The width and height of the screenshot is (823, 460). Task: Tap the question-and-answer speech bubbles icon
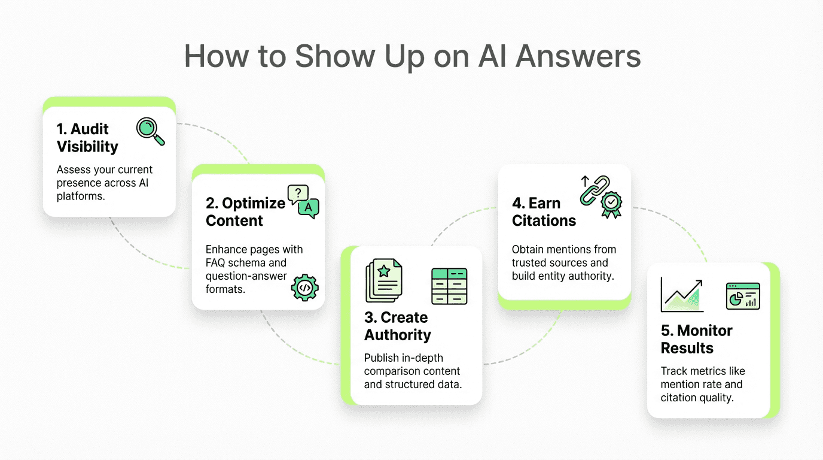[x=303, y=201]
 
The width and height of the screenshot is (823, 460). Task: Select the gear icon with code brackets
[x=304, y=287]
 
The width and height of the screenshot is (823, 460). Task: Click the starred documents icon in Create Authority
[x=383, y=280]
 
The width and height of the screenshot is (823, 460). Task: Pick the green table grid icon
[x=449, y=286]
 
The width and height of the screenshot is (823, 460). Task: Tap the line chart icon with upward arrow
[x=682, y=294]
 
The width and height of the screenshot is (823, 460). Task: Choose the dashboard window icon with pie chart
[x=743, y=296]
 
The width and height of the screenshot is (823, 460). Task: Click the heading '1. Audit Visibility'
[x=87, y=138]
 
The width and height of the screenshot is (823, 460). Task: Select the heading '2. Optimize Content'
[x=245, y=211]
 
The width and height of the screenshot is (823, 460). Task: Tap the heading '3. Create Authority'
[x=397, y=326]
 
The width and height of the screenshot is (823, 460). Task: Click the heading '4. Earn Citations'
[x=544, y=211]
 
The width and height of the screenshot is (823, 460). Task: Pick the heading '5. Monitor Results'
[x=696, y=339]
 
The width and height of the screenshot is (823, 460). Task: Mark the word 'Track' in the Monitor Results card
[x=675, y=371]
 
